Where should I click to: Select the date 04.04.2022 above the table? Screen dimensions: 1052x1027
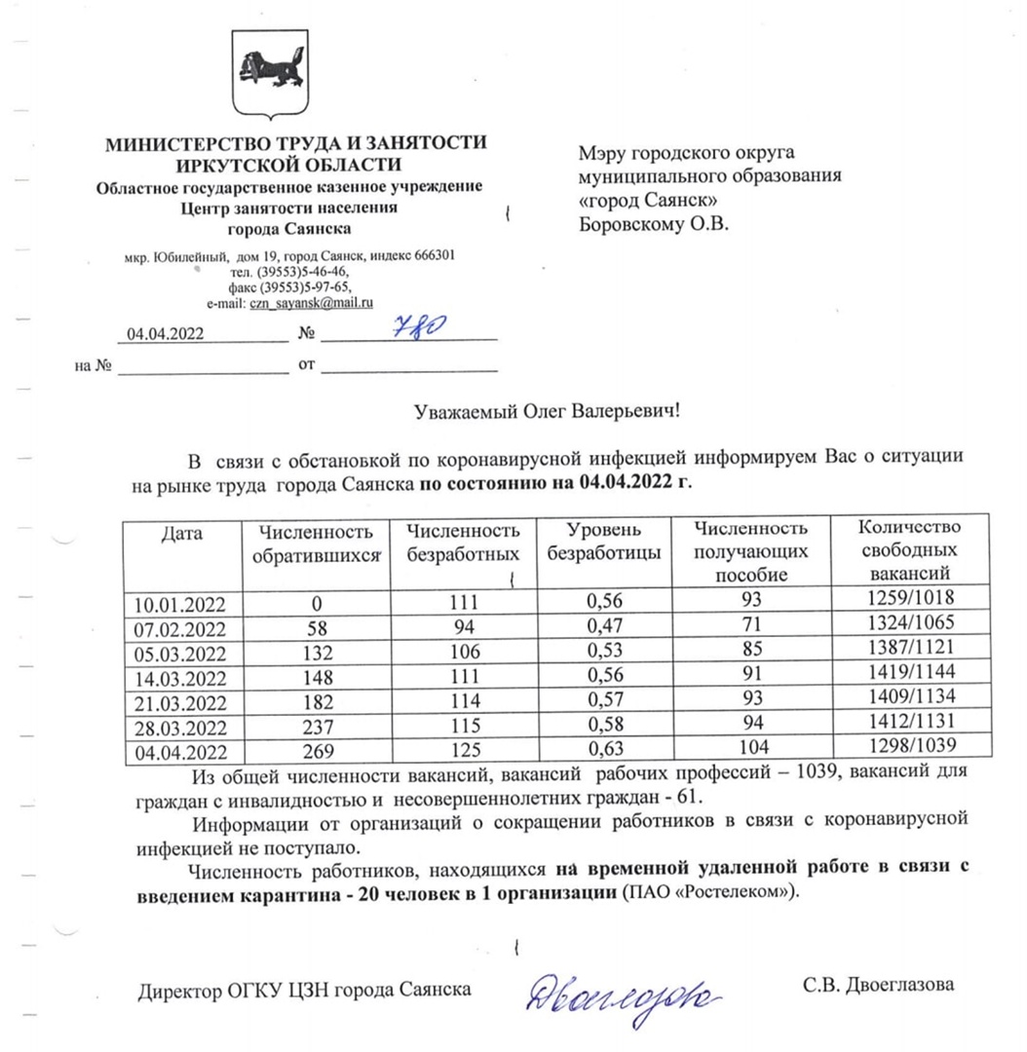tap(165, 333)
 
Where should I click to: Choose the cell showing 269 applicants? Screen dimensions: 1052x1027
tap(314, 751)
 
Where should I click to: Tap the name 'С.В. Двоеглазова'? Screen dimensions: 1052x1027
tap(878, 985)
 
